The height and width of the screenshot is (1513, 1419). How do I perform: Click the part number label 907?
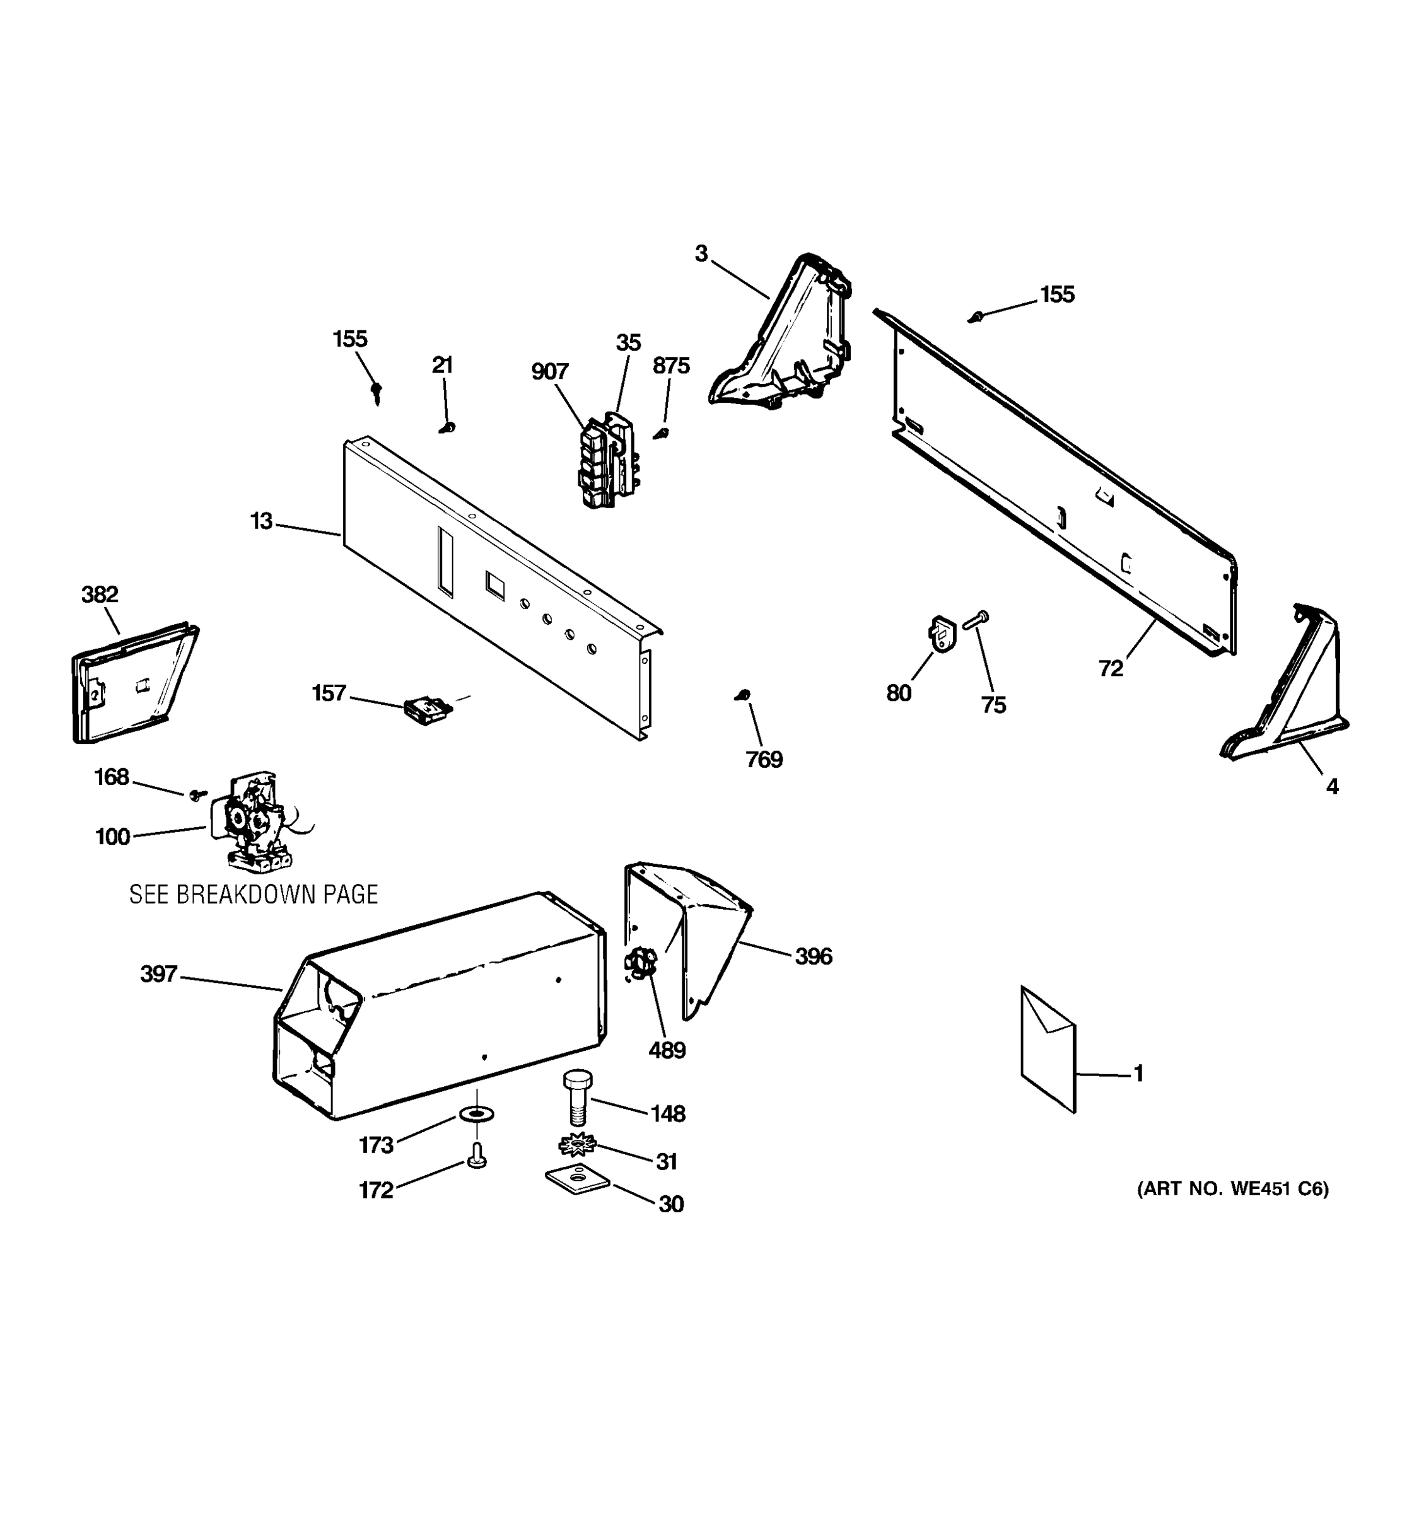tap(550, 371)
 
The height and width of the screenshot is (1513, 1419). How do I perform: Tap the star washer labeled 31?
tap(577, 1144)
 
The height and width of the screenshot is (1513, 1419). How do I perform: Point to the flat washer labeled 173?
tap(477, 1115)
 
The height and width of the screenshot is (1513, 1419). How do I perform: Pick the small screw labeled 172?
tap(477, 1157)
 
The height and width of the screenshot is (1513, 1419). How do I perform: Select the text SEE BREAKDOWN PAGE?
tap(254, 895)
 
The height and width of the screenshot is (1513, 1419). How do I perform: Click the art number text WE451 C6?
tap(1232, 1189)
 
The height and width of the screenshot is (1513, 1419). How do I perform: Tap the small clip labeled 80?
tap(942, 634)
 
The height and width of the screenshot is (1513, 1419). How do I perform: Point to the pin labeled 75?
tap(975, 620)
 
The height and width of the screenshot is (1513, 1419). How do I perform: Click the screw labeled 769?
tap(744, 695)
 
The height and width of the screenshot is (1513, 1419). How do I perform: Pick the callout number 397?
tap(158, 974)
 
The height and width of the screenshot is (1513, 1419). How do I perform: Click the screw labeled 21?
tap(448, 427)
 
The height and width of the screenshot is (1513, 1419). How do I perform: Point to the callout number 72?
tap(1111, 668)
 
